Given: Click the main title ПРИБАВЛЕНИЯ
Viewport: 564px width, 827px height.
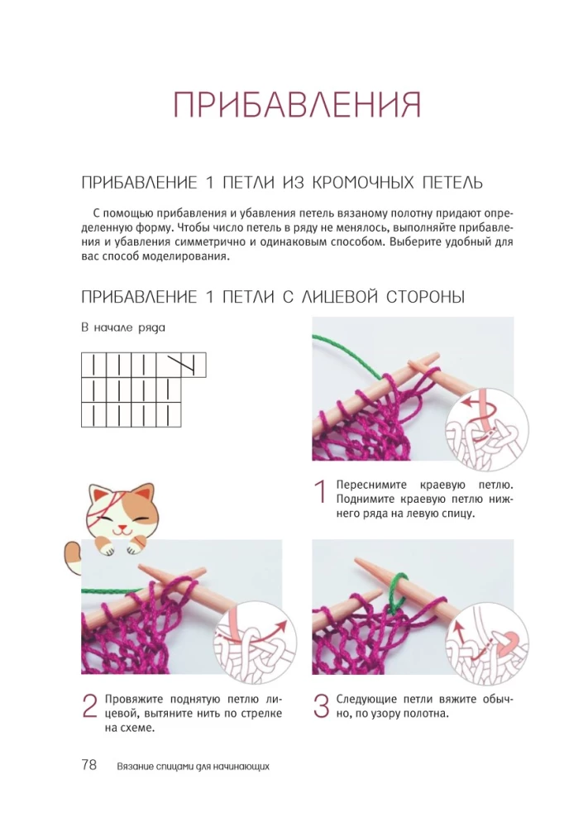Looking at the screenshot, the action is [x=297, y=104].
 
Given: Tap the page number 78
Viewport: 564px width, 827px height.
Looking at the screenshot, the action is [x=89, y=764].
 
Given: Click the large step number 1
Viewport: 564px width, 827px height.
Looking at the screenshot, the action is [x=320, y=491].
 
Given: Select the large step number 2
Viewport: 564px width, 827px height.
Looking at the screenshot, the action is [x=89, y=706].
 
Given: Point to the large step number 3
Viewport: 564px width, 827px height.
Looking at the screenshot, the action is [x=322, y=706].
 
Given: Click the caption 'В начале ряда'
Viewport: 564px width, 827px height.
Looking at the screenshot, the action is [x=123, y=327].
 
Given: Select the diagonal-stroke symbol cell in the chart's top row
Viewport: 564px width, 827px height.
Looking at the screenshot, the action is [x=181, y=365].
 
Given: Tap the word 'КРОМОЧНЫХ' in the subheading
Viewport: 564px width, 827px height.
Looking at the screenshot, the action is [x=362, y=183].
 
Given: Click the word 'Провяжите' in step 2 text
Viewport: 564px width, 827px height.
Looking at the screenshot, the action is [x=133, y=700].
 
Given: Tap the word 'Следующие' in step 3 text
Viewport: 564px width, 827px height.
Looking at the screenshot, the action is [x=366, y=700].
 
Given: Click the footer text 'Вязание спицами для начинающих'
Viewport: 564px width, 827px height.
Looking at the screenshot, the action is [x=194, y=766].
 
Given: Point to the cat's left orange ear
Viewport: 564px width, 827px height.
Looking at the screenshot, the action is [x=97, y=494].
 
